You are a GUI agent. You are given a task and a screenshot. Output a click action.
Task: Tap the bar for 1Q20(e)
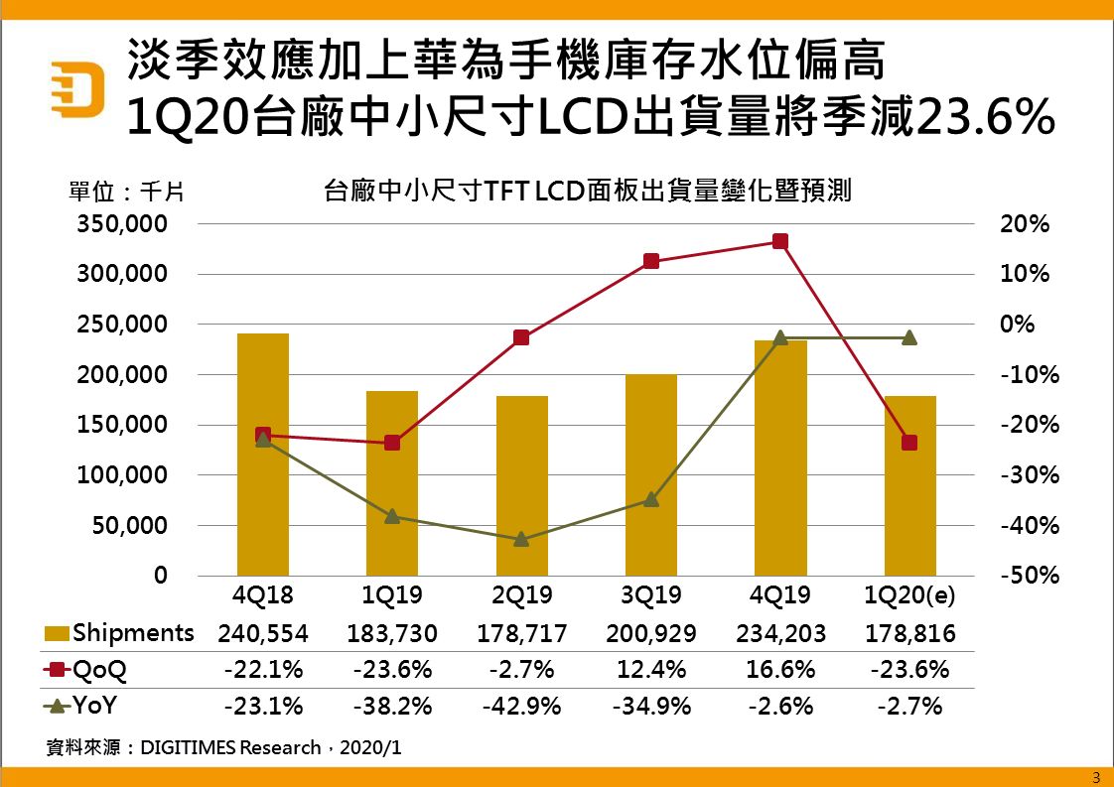click(x=909, y=485)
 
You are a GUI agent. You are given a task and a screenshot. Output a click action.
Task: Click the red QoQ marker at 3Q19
click(x=651, y=261)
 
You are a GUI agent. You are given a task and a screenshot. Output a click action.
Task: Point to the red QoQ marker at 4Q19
click(x=780, y=241)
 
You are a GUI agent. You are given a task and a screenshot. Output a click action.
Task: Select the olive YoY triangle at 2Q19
click(x=521, y=539)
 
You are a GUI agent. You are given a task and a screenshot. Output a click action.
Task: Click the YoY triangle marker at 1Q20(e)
click(x=909, y=337)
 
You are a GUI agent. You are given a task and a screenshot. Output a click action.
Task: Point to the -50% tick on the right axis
click(x=1024, y=576)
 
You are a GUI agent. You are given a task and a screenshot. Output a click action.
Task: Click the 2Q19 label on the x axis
click(x=521, y=595)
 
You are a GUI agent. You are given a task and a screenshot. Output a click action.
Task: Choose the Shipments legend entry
click(x=120, y=633)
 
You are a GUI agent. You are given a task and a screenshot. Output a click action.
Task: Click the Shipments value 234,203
click(x=780, y=633)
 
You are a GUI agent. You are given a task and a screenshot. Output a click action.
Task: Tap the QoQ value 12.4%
click(x=651, y=670)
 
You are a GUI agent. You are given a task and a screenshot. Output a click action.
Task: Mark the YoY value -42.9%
click(x=521, y=707)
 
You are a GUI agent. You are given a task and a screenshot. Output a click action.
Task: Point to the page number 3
click(x=1096, y=776)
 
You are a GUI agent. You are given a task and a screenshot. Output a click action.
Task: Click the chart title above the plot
click(x=588, y=190)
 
